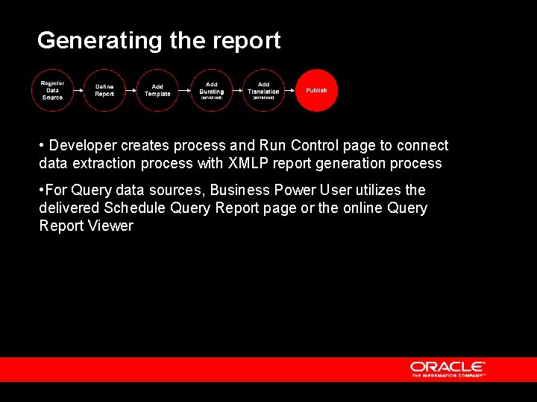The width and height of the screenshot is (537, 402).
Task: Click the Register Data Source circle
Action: click(x=52, y=90)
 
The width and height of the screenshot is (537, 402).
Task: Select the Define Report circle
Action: click(x=104, y=90)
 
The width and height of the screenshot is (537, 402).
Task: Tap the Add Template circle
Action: click(x=157, y=90)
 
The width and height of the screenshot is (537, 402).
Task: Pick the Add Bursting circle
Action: click(x=211, y=90)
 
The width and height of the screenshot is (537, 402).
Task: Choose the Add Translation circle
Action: click(x=263, y=90)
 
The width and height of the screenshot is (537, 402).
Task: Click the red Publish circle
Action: click(x=316, y=90)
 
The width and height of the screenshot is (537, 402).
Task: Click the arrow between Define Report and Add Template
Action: click(x=131, y=90)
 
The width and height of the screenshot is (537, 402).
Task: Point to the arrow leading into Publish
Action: click(x=290, y=90)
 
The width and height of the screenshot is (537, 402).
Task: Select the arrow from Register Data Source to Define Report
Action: click(x=78, y=90)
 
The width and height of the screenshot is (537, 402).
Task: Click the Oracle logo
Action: click(x=447, y=368)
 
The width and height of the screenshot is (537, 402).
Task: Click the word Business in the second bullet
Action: click(x=240, y=191)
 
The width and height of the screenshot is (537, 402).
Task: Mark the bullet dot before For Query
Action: click(x=42, y=191)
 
